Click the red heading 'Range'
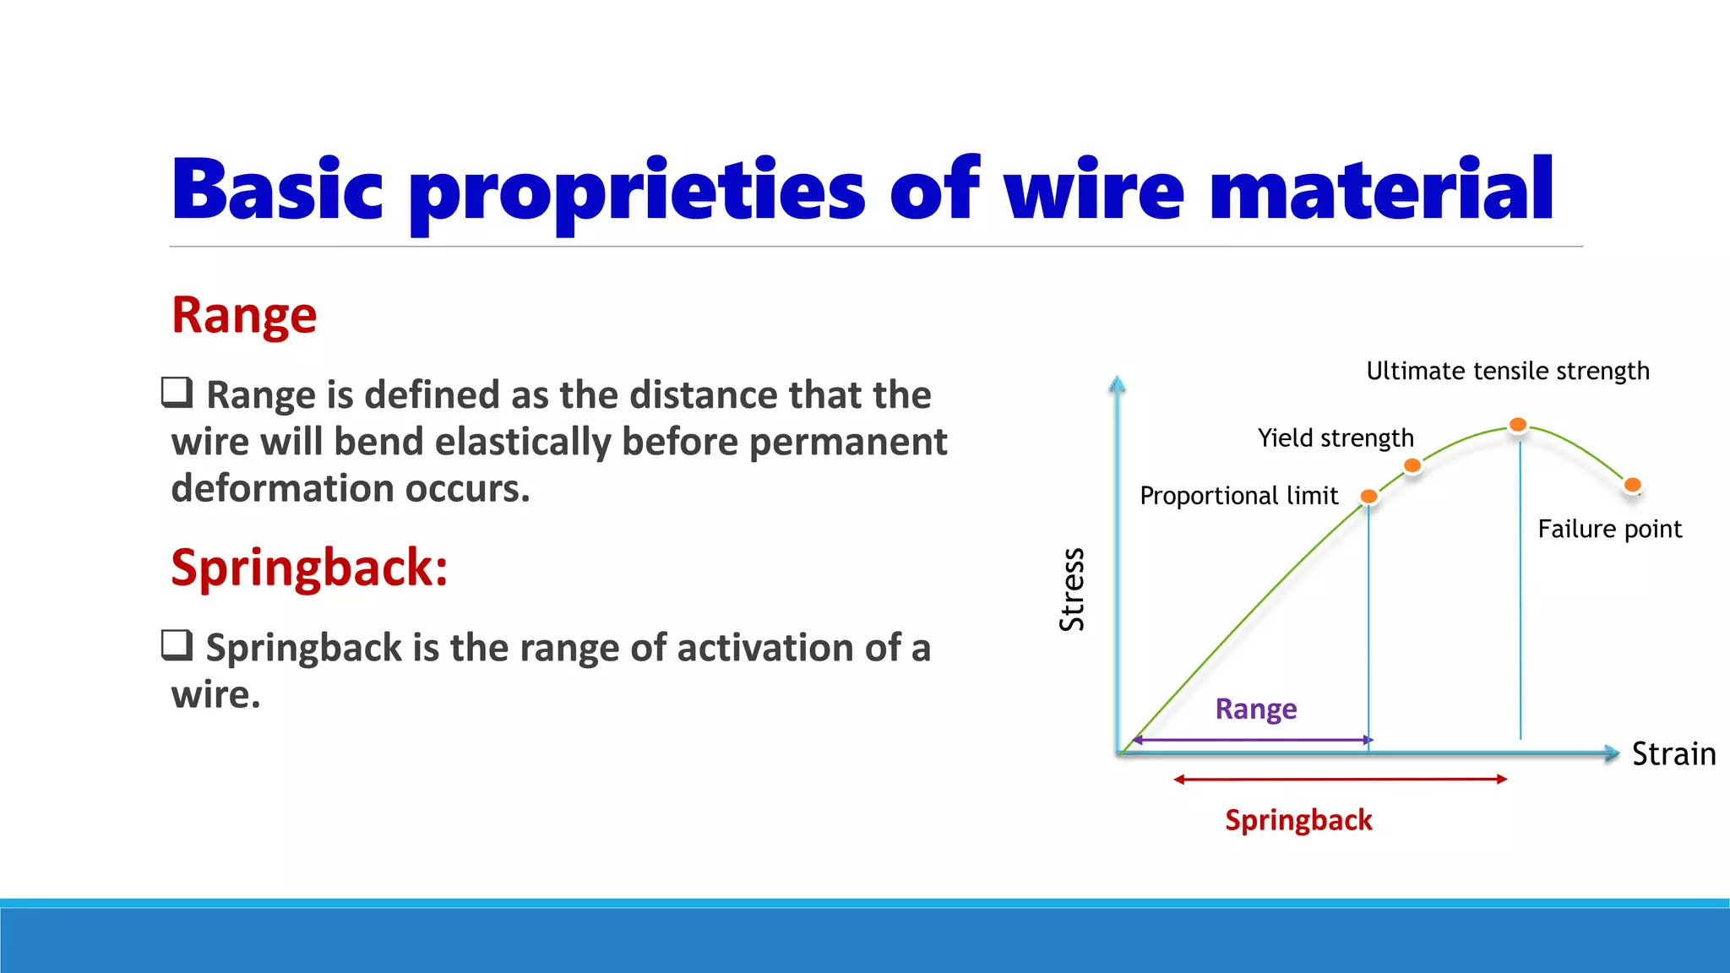[x=244, y=315]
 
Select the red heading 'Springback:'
[x=309, y=567]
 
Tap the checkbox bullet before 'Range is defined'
[x=177, y=393]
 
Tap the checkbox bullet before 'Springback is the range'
[x=177, y=645]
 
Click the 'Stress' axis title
[x=1071, y=589]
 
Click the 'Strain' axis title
[x=1673, y=753]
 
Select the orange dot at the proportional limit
[x=1368, y=497]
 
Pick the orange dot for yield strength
[x=1412, y=465]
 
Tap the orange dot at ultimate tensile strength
[x=1518, y=425]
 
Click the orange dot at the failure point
[x=1632, y=485]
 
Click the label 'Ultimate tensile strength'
[x=1507, y=371]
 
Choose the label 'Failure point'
[x=1609, y=529]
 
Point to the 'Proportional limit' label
[x=1238, y=496]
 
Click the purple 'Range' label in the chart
[x=1255, y=709]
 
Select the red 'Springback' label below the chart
[x=1298, y=820]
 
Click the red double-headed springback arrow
[x=1340, y=779]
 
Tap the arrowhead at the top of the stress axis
[x=1117, y=385]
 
